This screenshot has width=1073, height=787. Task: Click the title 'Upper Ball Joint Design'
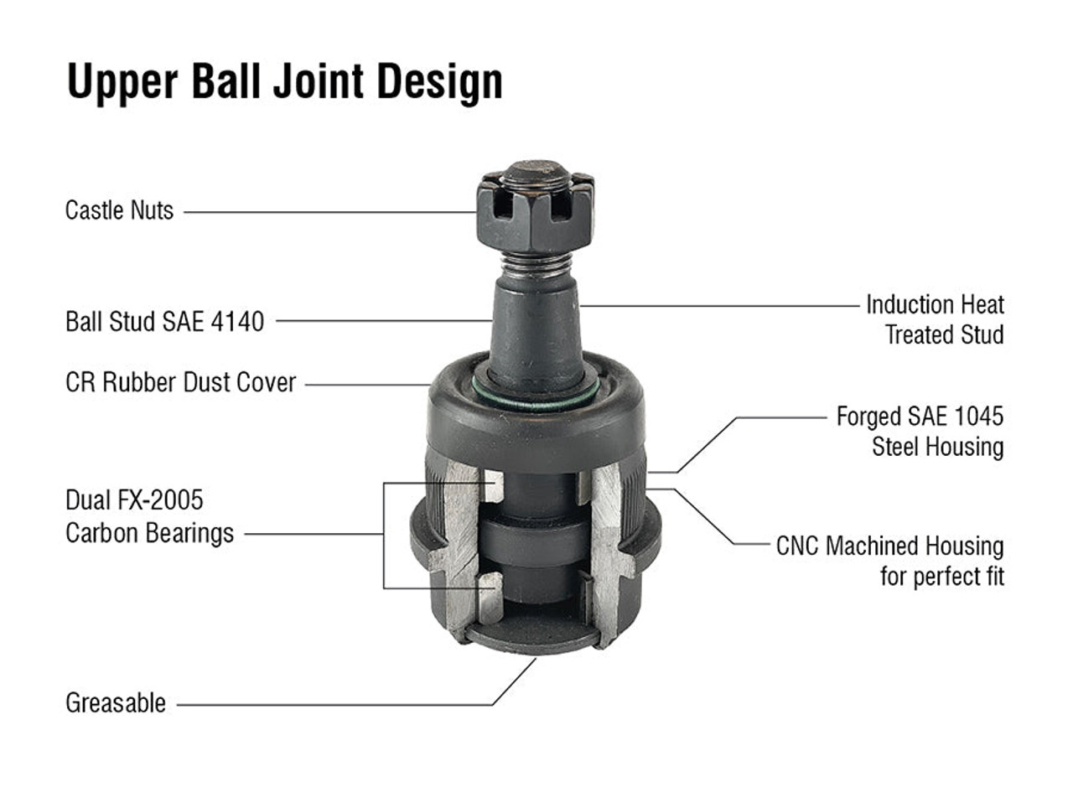[284, 81]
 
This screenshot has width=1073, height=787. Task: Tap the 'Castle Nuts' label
[119, 210]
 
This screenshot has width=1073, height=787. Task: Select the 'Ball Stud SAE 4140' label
[164, 321]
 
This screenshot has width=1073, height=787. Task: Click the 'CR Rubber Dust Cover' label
[180, 383]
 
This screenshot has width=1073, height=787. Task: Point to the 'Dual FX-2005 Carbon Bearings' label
[149, 517]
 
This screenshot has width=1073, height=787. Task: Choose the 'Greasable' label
[116, 703]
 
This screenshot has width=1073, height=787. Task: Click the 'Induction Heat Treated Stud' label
[935, 319]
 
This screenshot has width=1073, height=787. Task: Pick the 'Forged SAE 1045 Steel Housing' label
[920, 432]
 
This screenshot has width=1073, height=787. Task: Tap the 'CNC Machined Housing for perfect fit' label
[889, 562]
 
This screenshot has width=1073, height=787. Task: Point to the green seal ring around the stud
[536, 401]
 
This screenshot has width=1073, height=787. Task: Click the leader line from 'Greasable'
[335, 705]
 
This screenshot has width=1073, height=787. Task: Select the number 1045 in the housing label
[976, 417]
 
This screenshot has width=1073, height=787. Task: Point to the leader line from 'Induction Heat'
[721, 306]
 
